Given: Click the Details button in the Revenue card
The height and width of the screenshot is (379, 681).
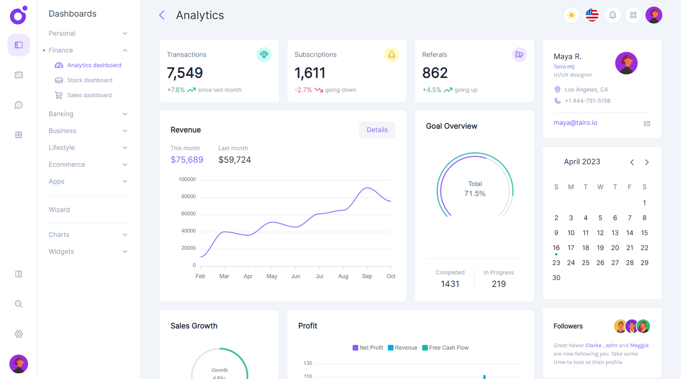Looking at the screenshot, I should click(x=377, y=130).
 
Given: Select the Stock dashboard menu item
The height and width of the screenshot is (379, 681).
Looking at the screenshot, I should click(x=90, y=80).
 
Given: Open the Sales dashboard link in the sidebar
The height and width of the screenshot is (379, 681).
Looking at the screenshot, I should click(x=89, y=95).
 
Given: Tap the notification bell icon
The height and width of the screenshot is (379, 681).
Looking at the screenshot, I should click(x=612, y=15).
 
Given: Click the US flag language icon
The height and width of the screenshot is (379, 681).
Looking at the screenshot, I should click(x=592, y=15).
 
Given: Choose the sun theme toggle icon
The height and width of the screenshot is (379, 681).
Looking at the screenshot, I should click(x=571, y=15).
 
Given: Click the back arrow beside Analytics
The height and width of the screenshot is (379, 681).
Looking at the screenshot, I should click(x=162, y=15).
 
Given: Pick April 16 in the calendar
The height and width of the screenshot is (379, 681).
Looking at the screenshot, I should click(x=556, y=248).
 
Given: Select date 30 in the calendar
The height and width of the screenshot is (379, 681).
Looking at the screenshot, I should click(x=556, y=278).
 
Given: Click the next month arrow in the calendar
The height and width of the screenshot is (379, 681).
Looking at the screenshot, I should click(x=647, y=162).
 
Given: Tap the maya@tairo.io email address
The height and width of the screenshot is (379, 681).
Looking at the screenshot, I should click(x=575, y=123).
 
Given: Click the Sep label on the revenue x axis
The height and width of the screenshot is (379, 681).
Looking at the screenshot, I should click(x=367, y=276).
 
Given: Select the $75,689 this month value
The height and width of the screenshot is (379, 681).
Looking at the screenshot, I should click(x=187, y=160).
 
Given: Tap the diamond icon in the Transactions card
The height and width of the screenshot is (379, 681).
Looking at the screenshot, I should click(x=264, y=55).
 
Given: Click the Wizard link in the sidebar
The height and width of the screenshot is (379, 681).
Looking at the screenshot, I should click(x=59, y=210).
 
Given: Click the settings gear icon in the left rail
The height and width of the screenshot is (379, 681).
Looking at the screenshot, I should click(x=19, y=334).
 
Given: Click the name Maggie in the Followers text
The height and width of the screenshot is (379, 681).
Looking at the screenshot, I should click(x=639, y=345).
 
